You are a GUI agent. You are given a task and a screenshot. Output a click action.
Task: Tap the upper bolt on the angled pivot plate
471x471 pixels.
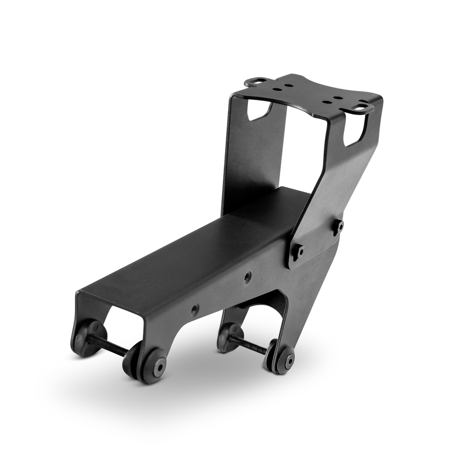pos(340,226)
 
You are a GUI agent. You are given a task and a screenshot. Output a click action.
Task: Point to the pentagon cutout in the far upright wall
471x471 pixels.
pos(259,109)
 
